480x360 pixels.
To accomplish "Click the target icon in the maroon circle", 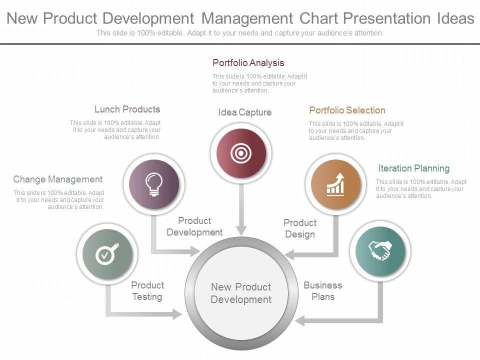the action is pyautogui.click(x=240, y=153).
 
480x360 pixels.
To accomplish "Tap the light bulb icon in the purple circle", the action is pyautogui.click(x=154, y=183).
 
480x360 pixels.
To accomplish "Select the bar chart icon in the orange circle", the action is pyautogui.click(x=335, y=184).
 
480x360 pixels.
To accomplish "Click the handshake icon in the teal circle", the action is pyautogui.click(x=380, y=250).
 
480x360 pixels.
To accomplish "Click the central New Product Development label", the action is pyautogui.click(x=241, y=293).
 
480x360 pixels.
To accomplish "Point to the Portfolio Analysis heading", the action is pyautogui.click(x=248, y=63).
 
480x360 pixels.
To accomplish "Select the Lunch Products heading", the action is pyautogui.click(x=127, y=109).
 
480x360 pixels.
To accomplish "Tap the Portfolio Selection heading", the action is pyautogui.click(x=347, y=110).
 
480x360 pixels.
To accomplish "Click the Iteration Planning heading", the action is pyautogui.click(x=413, y=168).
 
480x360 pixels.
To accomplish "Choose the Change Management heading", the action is pyautogui.click(x=57, y=179).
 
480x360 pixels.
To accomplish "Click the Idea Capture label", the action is pyautogui.click(x=244, y=112).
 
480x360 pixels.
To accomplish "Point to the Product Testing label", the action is pyautogui.click(x=147, y=291).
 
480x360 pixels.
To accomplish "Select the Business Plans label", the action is pyautogui.click(x=323, y=291).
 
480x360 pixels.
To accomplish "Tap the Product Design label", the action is pyautogui.click(x=300, y=228).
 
